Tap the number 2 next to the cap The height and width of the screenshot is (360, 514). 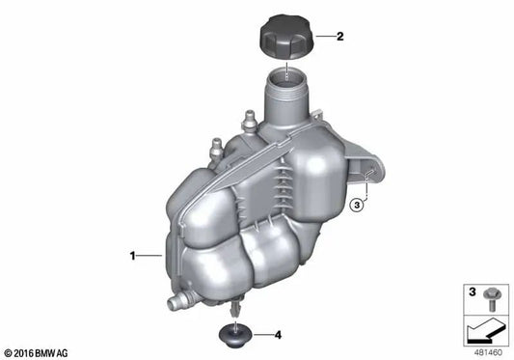pyautogui.click(x=339, y=38)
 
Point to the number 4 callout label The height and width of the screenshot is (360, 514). pyautogui.click(x=278, y=336)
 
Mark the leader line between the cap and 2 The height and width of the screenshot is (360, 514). pyautogui.click(x=320, y=38)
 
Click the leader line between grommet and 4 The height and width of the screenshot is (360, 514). pyautogui.click(x=259, y=336)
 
